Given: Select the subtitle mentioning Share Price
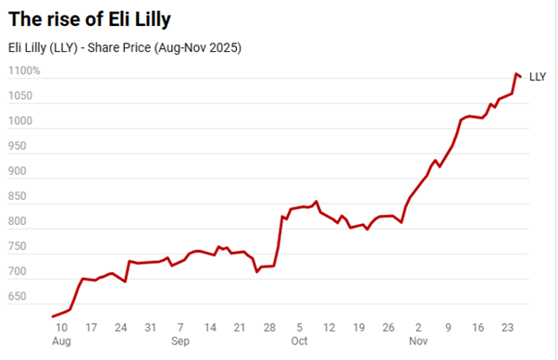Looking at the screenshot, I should (x=123, y=47).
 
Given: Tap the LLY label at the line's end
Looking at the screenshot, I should (x=538, y=77).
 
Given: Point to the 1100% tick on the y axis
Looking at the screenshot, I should (x=24, y=70).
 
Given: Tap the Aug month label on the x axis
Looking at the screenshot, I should (x=61, y=341).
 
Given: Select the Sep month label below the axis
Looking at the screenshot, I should (x=180, y=341).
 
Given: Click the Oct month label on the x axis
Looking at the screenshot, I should (x=299, y=341).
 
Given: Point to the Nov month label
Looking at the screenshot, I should (x=417, y=341).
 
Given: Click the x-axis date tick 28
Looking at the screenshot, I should (x=269, y=327).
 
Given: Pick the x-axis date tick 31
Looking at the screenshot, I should (x=150, y=327).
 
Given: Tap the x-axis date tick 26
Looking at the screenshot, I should (x=388, y=327).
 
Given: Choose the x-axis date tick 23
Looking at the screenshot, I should (x=507, y=327).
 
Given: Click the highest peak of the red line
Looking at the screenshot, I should (x=515, y=73).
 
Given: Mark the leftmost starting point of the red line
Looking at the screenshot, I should (x=52, y=317).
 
